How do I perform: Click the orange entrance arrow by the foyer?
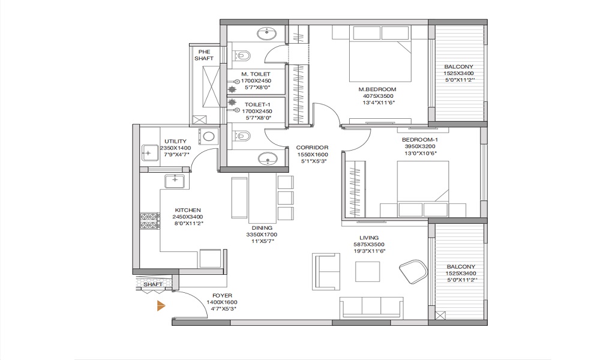click(161, 305)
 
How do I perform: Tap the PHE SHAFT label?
click(204, 55)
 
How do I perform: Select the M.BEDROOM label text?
click(377, 89)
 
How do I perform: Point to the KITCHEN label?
click(188, 210)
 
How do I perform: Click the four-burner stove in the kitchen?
click(150, 221)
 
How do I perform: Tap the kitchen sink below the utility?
click(175, 181)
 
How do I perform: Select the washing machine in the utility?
click(209, 137)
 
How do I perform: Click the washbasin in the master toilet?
click(267, 34)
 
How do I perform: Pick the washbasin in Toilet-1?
click(267, 158)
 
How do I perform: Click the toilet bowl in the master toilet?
click(242, 55)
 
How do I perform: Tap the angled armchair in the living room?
click(413, 271)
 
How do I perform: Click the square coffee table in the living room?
click(367, 272)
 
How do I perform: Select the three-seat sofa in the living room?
click(371, 307)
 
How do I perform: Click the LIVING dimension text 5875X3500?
click(369, 244)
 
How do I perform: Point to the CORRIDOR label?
click(312, 148)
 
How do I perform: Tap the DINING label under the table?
click(262, 228)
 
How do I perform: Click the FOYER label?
click(223, 296)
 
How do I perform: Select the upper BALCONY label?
click(459, 67)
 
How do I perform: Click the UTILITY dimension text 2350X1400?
click(175, 148)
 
